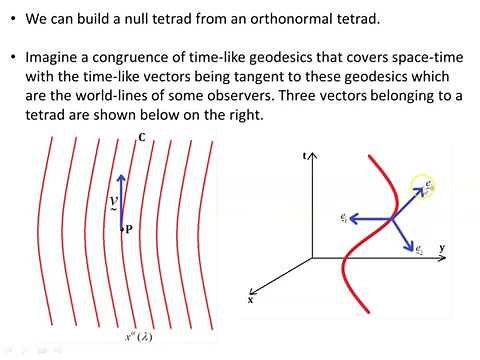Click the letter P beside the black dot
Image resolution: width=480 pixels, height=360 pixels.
coord(130,229)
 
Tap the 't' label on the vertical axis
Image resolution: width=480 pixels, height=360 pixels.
coord(303,157)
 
